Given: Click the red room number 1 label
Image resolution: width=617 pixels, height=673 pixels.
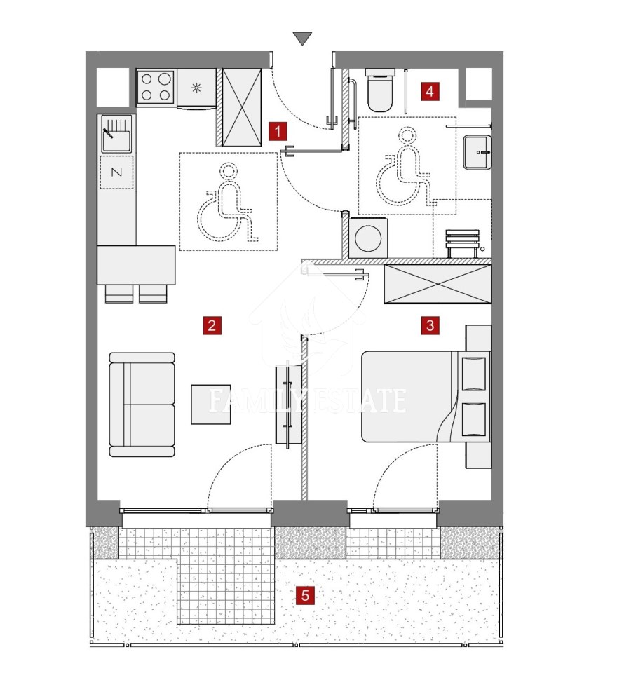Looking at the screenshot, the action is coord(278,131).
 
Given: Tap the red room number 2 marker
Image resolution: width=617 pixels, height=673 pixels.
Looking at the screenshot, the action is coord(212,325).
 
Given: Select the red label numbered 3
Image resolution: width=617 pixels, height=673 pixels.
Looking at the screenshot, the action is coord(430,325).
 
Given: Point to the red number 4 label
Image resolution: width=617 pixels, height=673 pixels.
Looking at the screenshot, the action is coord(430,91).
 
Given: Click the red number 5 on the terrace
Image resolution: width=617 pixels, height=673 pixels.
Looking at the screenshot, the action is coord(305,595).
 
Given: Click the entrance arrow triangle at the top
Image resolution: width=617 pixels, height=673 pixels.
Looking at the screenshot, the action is coord(303,39).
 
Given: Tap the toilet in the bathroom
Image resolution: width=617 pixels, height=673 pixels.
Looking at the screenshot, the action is coord(380,90).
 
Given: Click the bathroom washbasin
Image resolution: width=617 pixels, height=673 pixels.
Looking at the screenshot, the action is coord(477,152).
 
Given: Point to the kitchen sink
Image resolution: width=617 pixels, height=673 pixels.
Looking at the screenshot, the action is coord(116,133).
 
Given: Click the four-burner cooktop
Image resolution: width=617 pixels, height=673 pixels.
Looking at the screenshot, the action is coord(156,88).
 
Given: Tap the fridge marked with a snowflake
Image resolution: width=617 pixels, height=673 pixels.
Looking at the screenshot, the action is coord(196,88).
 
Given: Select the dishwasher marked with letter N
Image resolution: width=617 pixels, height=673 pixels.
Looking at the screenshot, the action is coord(116,172).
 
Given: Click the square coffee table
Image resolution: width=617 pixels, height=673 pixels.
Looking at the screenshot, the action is coord(211,405).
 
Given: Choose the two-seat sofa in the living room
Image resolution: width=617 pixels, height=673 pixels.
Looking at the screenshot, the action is coord(142,405).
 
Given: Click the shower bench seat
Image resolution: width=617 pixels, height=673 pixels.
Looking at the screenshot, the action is coord(462,243).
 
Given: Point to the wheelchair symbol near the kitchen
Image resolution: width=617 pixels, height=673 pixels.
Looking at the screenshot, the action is coord(228,201).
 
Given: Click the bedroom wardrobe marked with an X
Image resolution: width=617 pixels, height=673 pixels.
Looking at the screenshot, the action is coord(438,284).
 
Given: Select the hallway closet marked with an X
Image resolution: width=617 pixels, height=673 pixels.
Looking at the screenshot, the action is coord(242,107).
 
